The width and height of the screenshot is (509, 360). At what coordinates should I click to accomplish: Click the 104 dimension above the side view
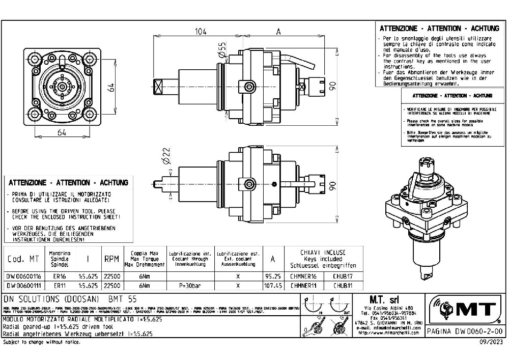pos(202,31)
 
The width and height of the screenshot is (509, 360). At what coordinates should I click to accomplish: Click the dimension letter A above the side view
pos(278,31)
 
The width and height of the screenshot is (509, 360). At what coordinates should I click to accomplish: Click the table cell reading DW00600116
pos(23,276)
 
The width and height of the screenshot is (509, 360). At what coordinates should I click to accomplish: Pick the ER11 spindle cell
pos(60,286)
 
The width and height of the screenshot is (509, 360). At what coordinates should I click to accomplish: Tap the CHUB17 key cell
pos(342,276)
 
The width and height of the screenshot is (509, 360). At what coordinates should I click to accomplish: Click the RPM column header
pos(111,259)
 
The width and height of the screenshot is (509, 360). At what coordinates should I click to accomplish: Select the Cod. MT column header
pos(23,259)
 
